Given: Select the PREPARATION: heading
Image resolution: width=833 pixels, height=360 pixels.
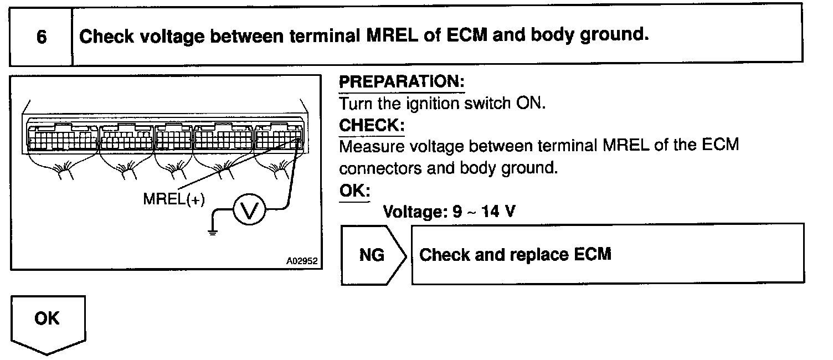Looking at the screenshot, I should point(402,82).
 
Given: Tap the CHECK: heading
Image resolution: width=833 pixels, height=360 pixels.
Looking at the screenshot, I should point(372,125).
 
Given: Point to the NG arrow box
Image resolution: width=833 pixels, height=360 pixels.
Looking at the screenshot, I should point(373,255).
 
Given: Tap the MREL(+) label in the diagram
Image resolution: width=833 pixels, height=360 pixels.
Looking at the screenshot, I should point(174,199).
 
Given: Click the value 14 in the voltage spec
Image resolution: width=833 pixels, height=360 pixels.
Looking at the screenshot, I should point(491,212).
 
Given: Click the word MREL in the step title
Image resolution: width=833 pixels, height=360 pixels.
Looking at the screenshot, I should point(392,36).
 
